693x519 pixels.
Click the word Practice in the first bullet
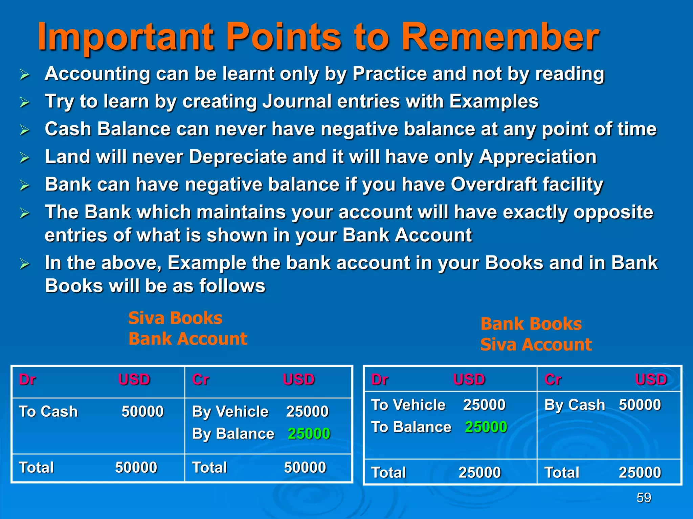coord(389,74)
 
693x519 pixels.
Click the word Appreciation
coord(538,157)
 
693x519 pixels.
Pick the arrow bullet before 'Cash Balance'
coord(24,130)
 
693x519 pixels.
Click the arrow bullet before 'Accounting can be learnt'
coord(24,74)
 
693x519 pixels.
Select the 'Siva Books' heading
coord(175,318)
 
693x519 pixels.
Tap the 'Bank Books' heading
coord(531,324)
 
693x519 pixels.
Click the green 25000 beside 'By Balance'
coord(309,434)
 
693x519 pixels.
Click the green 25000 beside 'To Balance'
coord(486,427)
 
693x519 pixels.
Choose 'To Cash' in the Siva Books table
coord(48,412)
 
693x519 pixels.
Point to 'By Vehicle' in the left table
coord(230,412)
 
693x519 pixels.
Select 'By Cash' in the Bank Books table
coord(575,405)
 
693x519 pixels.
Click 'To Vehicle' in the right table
coord(408,405)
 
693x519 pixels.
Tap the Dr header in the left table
coord(27,380)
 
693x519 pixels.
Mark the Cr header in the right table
coord(553,380)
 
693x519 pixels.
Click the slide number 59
coord(644,498)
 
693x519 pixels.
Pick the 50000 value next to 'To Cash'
coord(142,412)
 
